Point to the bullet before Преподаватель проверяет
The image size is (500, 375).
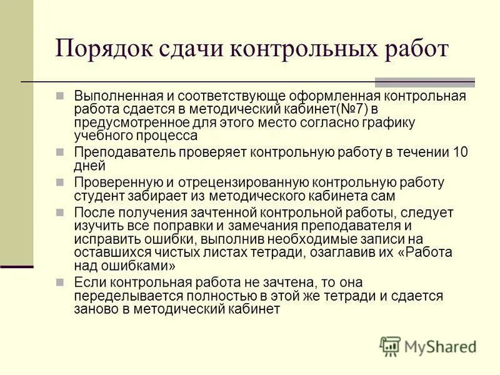pos(60,152)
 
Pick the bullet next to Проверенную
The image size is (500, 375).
pos(60,182)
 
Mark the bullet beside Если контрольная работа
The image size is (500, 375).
pos(60,282)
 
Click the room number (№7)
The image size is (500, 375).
pos(346,109)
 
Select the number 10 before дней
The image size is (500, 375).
pos(461,152)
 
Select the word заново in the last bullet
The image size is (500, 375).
pos(94,309)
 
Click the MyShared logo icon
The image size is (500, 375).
pos(390,346)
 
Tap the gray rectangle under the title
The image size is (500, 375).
pos(424,82)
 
